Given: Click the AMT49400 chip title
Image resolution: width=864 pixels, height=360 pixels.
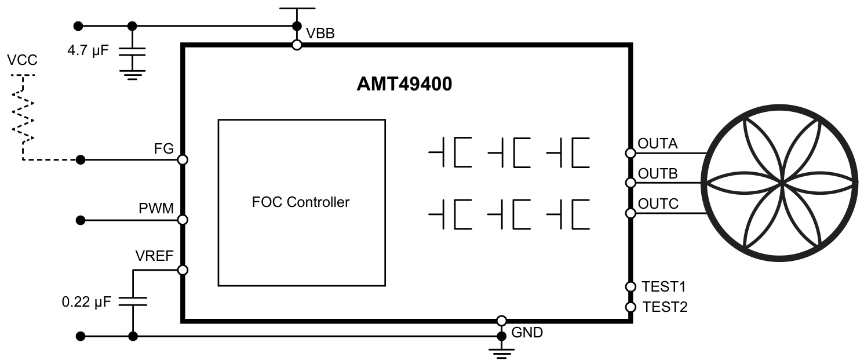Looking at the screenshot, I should (404, 85).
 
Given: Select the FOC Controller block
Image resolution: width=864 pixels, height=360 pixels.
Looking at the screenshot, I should (301, 202).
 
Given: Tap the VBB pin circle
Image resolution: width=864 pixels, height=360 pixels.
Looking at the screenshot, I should (297, 45).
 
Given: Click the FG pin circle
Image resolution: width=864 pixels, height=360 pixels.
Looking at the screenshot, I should (183, 159).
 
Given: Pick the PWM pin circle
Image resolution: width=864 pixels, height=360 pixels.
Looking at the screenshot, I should (183, 220).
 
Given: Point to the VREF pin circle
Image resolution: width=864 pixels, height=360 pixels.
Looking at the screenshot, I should (183, 270).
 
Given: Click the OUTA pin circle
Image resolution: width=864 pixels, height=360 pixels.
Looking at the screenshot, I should (630, 153).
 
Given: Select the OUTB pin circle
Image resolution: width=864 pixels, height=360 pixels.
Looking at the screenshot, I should (630, 183).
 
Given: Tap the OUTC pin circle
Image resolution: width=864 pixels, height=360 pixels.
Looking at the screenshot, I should (630, 213).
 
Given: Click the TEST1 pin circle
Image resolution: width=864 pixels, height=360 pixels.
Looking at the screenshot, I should (630, 286).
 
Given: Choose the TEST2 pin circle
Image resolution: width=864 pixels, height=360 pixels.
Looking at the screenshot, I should (630, 307).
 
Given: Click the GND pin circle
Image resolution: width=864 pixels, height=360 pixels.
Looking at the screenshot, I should (502, 321).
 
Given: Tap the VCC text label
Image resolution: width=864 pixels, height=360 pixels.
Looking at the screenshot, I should (21, 61).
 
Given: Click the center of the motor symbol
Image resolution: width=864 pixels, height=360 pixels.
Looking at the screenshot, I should (782, 183).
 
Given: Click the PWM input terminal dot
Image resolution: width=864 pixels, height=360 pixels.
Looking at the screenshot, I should (81, 220).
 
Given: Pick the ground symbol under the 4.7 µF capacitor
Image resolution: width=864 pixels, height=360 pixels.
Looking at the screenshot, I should (132, 75).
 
